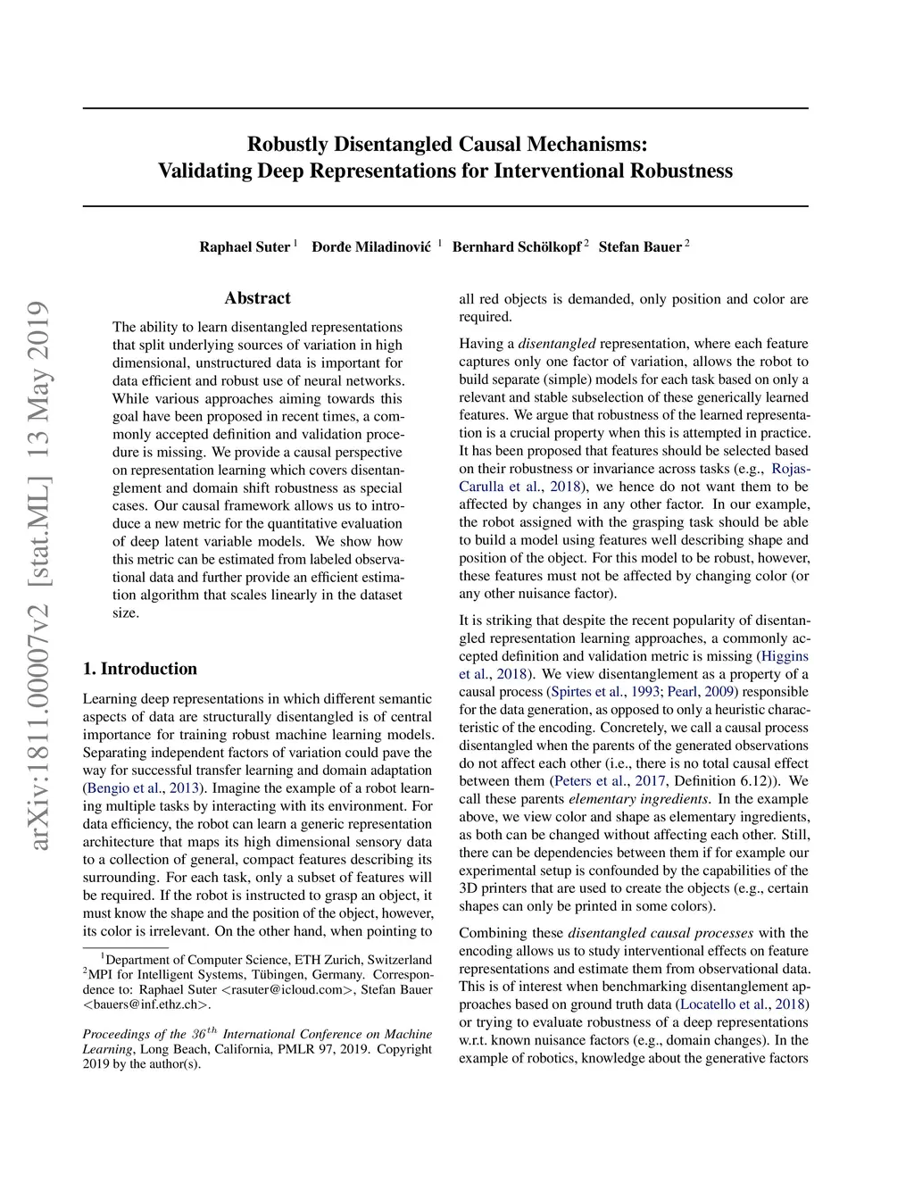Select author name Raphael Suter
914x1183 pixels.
(x=245, y=247)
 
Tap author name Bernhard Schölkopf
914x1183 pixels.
(x=516, y=247)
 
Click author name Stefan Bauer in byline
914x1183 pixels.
(x=640, y=247)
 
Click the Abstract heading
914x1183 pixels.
(x=257, y=298)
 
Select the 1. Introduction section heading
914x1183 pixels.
(x=140, y=669)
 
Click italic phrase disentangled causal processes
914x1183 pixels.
(x=661, y=933)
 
